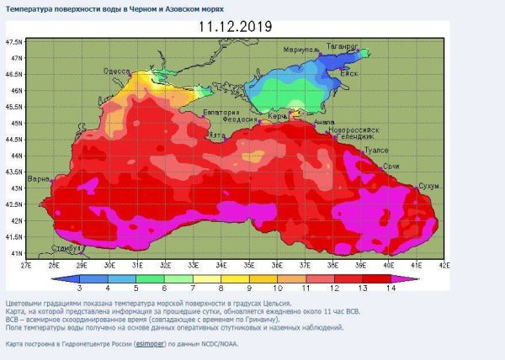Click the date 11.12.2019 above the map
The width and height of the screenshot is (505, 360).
tap(236, 26)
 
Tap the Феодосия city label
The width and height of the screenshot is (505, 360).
tap(246, 119)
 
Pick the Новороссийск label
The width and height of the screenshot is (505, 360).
tap(357, 130)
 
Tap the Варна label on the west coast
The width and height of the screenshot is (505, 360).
tap(38, 179)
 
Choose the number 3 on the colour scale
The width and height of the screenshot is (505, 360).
tap(78, 288)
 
